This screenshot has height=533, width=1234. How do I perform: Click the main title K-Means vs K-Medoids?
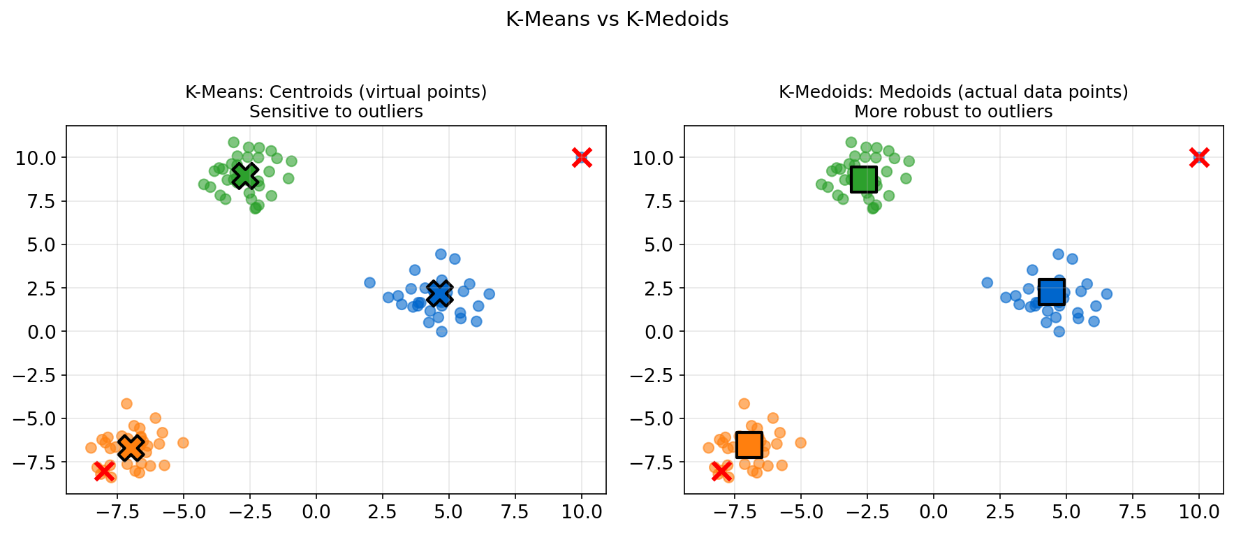click(x=617, y=20)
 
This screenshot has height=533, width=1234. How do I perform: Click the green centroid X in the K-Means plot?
click(x=244, y=175)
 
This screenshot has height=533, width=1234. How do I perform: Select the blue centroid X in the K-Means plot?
click(x=439, y=293)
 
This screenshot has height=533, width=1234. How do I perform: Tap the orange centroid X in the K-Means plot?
click(x=131, y=447)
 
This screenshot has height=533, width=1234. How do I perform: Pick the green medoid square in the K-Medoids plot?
click(x=863, y=179)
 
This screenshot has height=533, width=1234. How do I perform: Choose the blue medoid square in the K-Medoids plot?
click(x=1051, y=291)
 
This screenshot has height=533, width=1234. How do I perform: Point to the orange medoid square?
click(x=749, y=444)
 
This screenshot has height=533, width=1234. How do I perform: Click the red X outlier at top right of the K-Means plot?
click(x=582, y=158)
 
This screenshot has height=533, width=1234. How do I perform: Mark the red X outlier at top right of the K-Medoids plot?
click(x=1199, y=158)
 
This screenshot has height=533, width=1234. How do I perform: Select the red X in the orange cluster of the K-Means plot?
click(x=104, y=471)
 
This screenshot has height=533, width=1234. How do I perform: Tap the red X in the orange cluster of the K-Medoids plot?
click(x=721, y=471)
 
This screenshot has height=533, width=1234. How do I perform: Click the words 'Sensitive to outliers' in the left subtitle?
click(x=336, y=112)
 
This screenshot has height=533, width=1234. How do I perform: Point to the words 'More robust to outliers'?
click(x=953, y=112)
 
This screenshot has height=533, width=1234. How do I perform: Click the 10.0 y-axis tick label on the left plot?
click(x=37, y=158)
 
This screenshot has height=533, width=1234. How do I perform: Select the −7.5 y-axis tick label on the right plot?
click(x=649, y=462)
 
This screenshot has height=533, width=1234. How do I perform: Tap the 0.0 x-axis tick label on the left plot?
click(x=316, y=512)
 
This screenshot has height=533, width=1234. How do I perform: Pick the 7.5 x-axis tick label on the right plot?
click(x=1133, y=512)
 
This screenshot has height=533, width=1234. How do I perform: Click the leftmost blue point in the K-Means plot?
click(x=369, y=283)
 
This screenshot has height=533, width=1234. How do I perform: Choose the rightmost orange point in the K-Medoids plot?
click(x=800, y=443)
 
